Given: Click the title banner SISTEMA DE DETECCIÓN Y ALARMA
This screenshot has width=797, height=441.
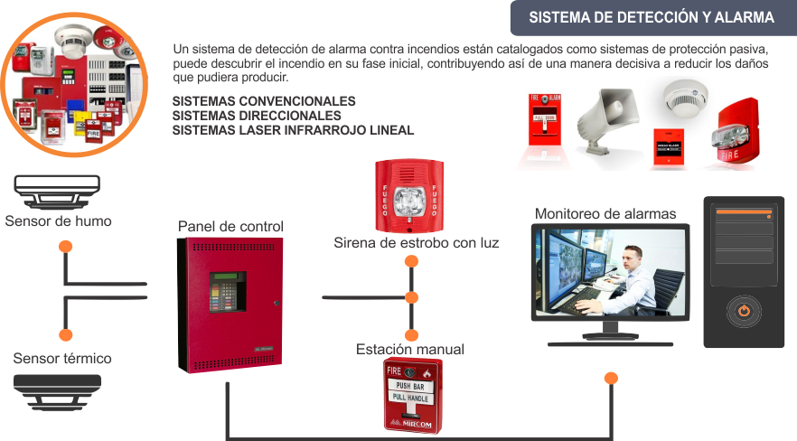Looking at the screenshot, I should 651,18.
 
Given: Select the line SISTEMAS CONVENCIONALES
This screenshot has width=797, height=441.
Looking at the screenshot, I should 264,101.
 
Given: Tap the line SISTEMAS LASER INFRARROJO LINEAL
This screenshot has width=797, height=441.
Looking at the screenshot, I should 293,130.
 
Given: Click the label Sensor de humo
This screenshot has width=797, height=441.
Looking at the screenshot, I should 58,221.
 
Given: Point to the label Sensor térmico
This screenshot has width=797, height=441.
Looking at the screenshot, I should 62,359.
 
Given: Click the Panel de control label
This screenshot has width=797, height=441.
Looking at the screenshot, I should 231,226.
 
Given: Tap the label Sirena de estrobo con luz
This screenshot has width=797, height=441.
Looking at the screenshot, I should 416,243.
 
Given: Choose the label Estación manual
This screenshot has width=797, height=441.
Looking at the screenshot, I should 410,349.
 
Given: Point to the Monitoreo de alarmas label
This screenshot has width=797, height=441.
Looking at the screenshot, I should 605,214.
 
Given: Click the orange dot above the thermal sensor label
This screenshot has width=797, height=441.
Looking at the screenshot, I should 64,333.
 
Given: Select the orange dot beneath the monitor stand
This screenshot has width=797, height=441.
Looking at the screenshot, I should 611,378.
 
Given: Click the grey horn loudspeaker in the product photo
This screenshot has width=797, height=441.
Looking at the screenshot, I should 603,117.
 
